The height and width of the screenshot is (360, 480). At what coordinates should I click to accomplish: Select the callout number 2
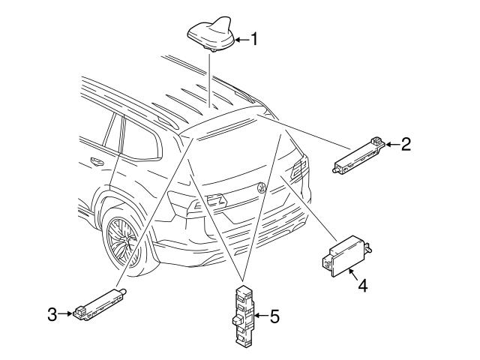(x=406, y=144)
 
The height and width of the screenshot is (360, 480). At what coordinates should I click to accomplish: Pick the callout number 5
(x=274, y=317)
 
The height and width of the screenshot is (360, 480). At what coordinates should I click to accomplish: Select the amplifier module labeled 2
(x=358, y=154)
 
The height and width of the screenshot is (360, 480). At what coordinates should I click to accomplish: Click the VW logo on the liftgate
(x=262, y=187)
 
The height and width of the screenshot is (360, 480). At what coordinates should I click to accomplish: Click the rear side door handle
(x=96, y=161)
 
